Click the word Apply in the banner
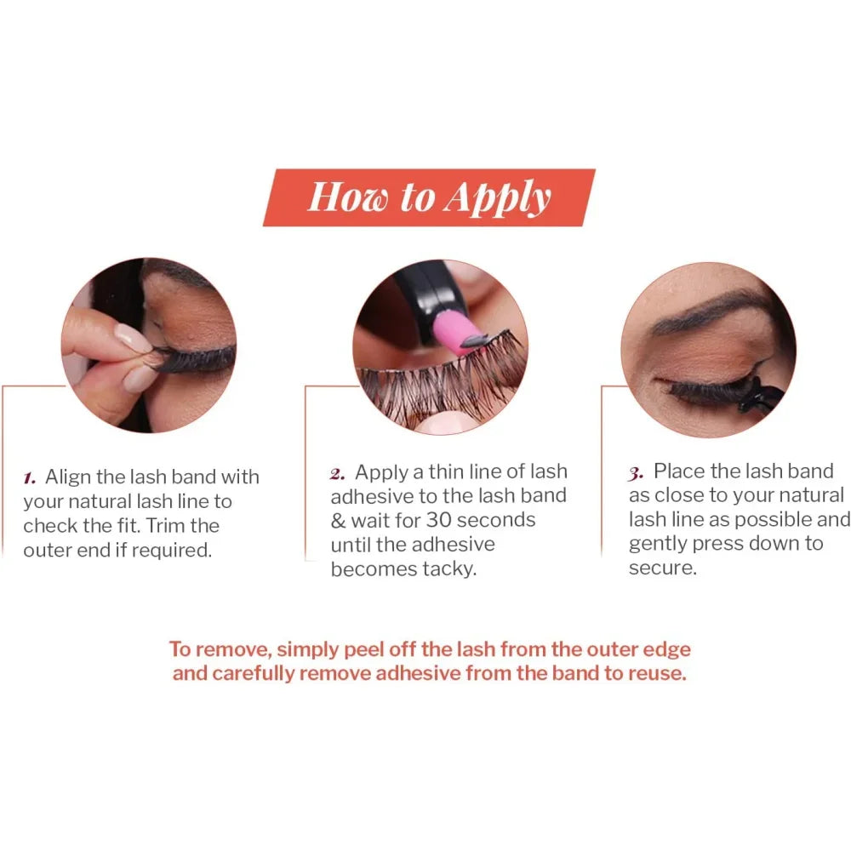click(497, 198)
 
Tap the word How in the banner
click(348, 197)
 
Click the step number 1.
click(29, 478)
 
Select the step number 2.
click(337, 474)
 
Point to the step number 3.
click(636, 473)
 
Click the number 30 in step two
click(438, 520)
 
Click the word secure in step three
click(663, 568)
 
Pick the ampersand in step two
click(338, 521)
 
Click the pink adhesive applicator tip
click(454, 332)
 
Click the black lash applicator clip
click(759, 399)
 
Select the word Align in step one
click(68, 477)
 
